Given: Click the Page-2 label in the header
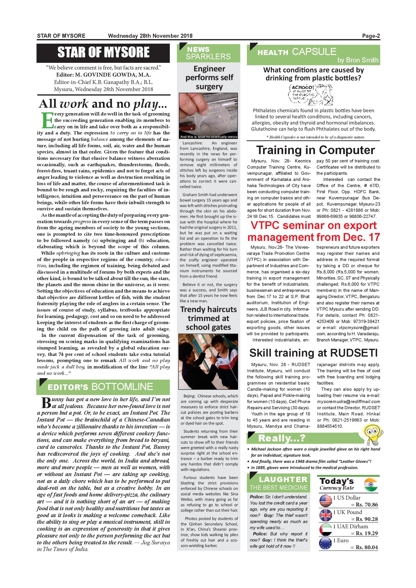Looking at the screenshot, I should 371,36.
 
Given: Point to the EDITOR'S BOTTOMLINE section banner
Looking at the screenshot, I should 103,387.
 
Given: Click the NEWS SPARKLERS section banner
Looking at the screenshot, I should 208,53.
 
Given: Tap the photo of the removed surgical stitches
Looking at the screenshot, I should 208,116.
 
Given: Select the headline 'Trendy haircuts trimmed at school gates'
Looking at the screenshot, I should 208,318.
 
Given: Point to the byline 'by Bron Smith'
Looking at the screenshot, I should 358,60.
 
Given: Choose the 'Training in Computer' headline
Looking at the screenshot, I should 316,150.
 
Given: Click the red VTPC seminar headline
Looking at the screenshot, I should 314,231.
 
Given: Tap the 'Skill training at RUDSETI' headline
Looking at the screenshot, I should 314,353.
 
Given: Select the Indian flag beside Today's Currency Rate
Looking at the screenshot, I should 371,485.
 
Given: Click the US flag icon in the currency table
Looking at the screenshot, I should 326,501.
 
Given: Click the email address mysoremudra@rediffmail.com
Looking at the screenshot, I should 348,402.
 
